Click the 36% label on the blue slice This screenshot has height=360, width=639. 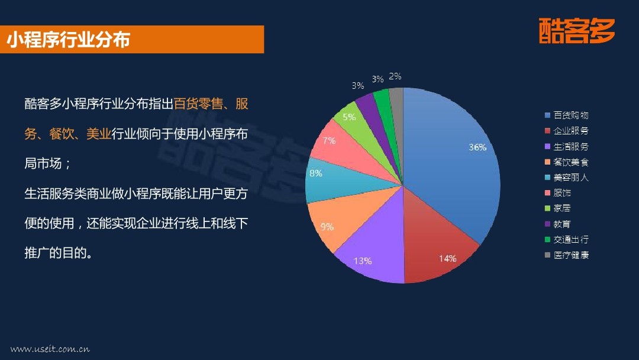pyautogui.click(x=477, y=147)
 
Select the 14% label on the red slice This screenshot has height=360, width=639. pyautogui.click(x=447, y=259)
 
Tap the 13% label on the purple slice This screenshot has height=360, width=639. pyautogui.click(x=362, y=261)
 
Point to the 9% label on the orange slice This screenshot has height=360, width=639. pyautogui.click(x=327, y=227)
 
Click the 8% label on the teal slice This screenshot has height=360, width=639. pyautogui.click(x=316, y=173)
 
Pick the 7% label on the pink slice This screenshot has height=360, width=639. pyautogui.click(x=329, y=141)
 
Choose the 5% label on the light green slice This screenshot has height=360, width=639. pyautogui.click(x=349, y=117)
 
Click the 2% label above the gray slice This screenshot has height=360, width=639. pyautogui.click(x=395, y=76)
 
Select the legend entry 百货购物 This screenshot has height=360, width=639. pyautogui.click(x=567, y=115)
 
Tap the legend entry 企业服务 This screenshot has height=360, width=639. pyautogui.click(x=567, y=131)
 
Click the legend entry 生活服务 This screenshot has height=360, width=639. pyautogui.click(x=567, y=146)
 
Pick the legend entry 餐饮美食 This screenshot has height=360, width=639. pyautogui.click(x=567, y=162)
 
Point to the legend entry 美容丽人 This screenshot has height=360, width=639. pyautogui.click(x=567, y=178)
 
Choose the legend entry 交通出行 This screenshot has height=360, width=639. pyautogui.click(x=567, y=239)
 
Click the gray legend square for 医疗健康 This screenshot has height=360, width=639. pyautogui.click(x=548, y=255)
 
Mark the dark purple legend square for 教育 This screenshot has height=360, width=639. pyautogui.click(x=548, y=224)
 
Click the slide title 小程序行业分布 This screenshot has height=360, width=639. pyautogui.click(x=69, y=40)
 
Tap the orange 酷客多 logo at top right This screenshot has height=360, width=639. pyautogui.click(x=577, y=31)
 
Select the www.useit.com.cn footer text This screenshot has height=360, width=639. pyautogui.click(x=50, y=349)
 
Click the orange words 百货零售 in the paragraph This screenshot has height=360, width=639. pyautogui.click(x=198, y=104)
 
